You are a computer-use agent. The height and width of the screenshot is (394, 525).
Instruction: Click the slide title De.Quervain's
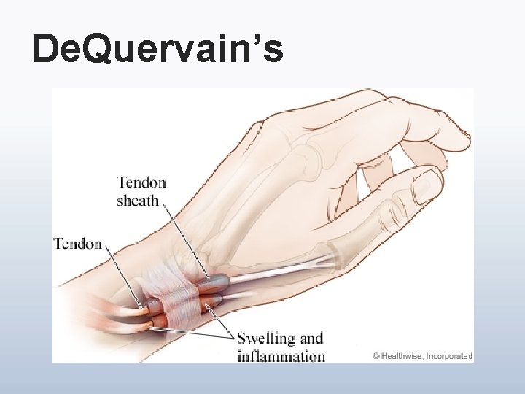157,49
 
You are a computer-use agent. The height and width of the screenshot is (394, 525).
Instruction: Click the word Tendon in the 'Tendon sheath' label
141,182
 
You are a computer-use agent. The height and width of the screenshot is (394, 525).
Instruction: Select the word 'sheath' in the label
138,200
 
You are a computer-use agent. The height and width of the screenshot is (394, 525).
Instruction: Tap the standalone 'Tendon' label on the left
78,244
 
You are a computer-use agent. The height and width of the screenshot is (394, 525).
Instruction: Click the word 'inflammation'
281,357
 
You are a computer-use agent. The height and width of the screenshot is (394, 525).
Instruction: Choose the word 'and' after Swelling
311,339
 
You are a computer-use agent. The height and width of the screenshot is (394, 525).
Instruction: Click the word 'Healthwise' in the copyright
398,356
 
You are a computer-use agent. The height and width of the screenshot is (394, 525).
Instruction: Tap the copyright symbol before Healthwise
376,356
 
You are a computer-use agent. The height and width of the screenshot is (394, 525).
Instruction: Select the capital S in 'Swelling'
243,339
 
